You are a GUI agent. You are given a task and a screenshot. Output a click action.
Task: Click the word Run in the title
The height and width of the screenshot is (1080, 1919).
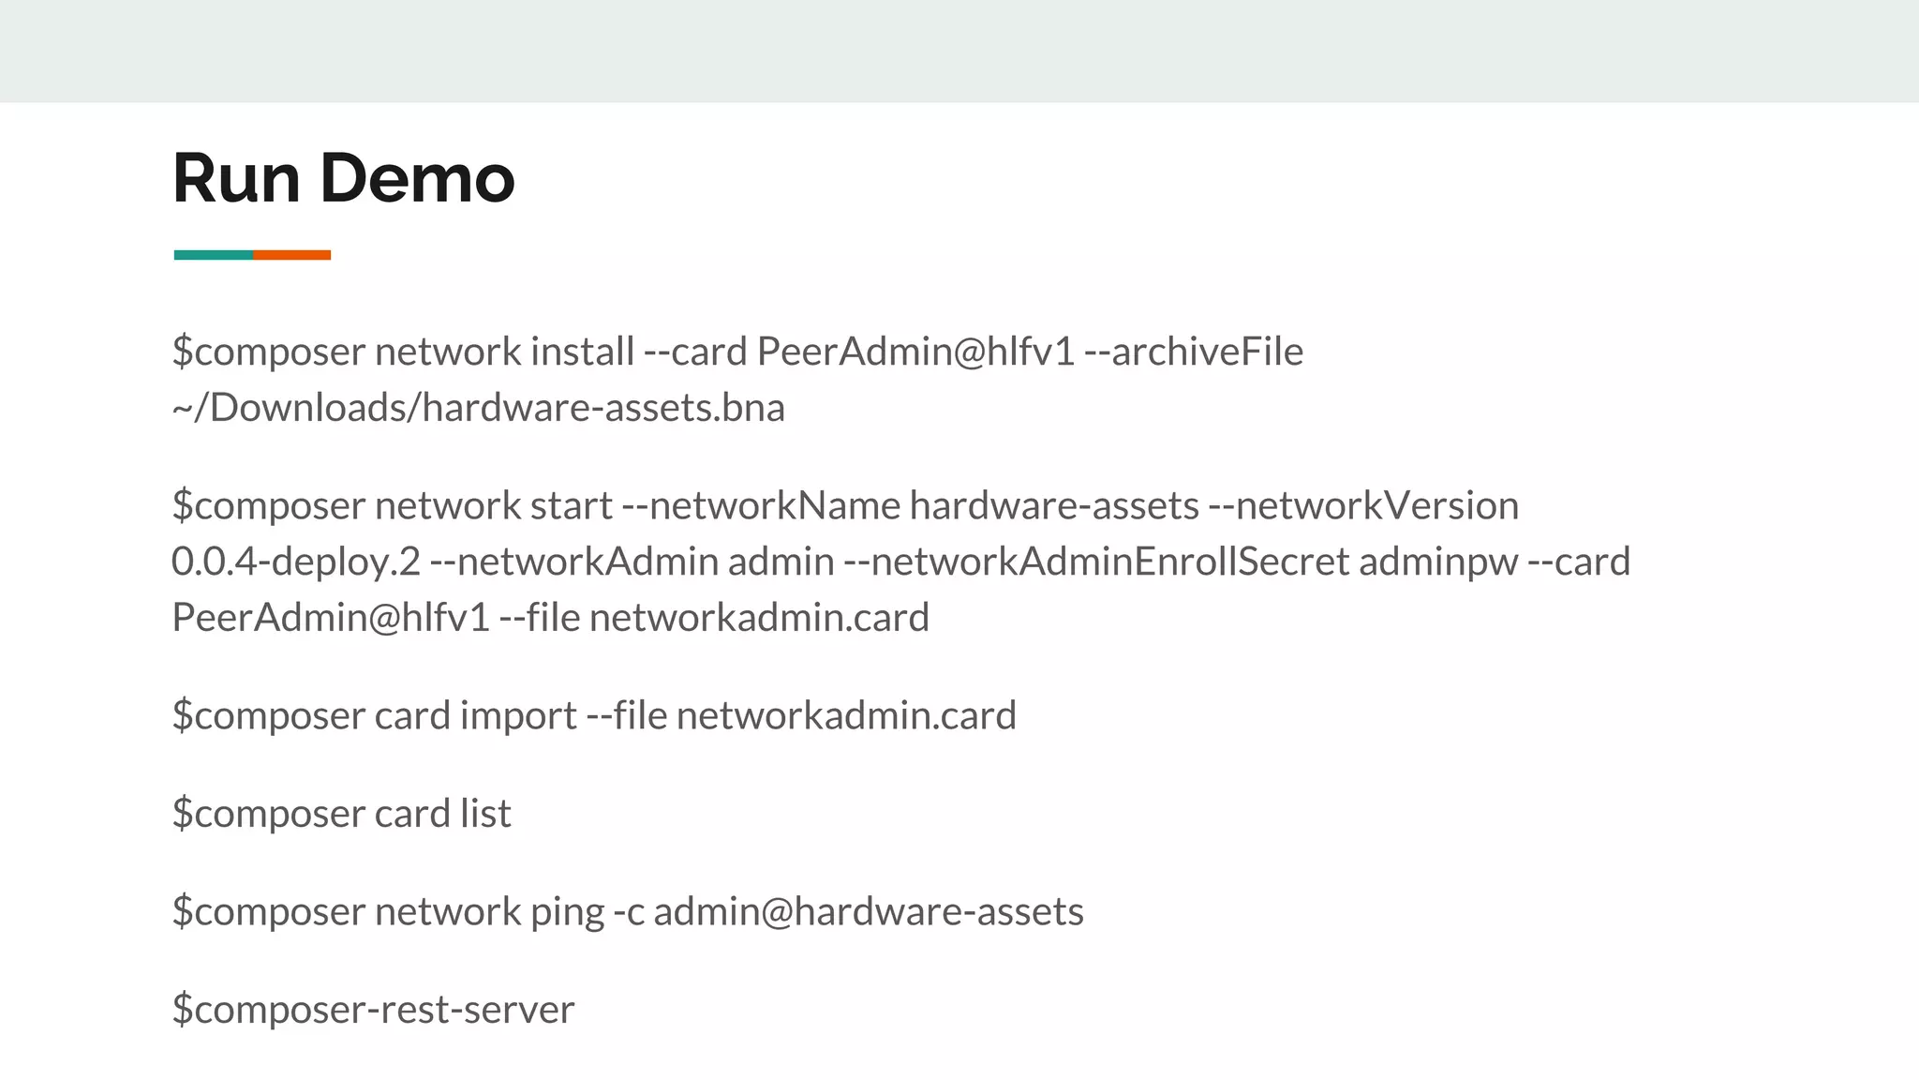[236, 178]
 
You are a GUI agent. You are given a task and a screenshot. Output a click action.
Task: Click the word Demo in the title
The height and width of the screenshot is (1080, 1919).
[417, 178]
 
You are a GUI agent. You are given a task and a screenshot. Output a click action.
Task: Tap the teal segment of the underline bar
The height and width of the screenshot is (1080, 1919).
[213, 255]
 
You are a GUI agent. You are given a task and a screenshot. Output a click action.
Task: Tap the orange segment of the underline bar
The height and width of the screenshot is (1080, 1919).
[291, 255]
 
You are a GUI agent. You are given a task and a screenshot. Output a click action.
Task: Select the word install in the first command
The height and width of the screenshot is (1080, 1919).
[582, 352]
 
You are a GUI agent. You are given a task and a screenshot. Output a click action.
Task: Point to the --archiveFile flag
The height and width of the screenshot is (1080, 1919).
[1193, 352]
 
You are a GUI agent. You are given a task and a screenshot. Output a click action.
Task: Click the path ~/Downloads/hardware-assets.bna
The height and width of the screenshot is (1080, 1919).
[478, 408]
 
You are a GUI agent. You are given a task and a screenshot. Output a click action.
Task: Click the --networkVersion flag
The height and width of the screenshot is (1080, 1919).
[1363, 506]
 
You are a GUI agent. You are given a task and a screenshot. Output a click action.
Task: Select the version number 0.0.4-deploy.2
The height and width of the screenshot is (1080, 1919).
[296, 562]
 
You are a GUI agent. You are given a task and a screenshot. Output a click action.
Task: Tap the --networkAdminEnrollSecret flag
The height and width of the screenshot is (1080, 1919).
[1096, 562]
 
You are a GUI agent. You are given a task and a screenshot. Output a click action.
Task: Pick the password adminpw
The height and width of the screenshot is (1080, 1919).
[1438, 562]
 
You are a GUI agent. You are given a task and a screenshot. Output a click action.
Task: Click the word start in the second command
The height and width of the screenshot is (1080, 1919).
[571, 506]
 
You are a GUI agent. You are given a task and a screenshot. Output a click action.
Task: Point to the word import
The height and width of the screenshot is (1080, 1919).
[518, 716]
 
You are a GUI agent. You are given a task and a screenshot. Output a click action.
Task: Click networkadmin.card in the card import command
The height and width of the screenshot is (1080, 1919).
[846, 716]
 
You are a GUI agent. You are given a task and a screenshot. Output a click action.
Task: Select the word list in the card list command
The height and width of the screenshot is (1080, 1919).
[485, 814]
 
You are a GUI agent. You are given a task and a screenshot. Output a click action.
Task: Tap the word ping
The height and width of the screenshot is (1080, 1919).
[567, 912]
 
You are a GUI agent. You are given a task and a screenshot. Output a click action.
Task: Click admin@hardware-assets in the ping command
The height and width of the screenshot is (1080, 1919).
[868, 912]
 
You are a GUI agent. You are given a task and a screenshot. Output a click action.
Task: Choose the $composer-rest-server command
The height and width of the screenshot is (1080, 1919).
[373, 1010]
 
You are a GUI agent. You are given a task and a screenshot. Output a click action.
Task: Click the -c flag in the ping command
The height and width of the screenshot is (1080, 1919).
[629, 912]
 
